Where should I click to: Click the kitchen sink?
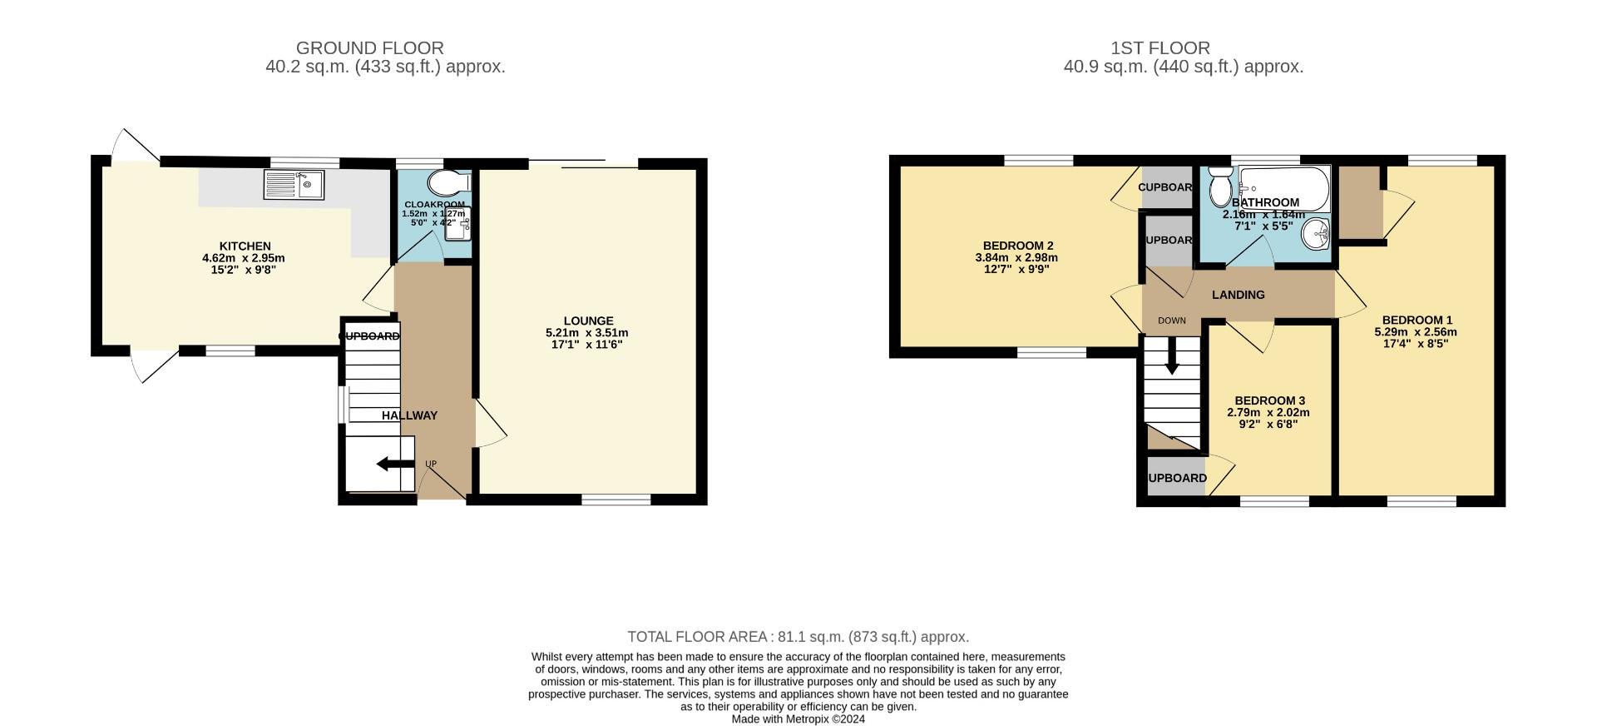(294, 185)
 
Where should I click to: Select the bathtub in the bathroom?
(1284, 188)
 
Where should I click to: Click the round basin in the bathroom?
(1317, 234)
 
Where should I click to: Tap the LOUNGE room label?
(588, 321)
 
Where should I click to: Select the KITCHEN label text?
(245, 246)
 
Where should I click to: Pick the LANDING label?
(1238, 295)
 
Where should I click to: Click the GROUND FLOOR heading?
(369, 48)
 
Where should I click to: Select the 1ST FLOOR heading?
(1159, 48)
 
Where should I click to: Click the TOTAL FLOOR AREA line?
(798, 637)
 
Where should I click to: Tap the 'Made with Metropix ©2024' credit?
(798, 719)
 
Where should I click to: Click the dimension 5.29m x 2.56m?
(1415, 331)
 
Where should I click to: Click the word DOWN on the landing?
(1171, 321)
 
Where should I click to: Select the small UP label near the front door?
(430, 464)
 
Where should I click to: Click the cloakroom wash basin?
(458, 223)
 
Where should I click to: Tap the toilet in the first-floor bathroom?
(1220, 186)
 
